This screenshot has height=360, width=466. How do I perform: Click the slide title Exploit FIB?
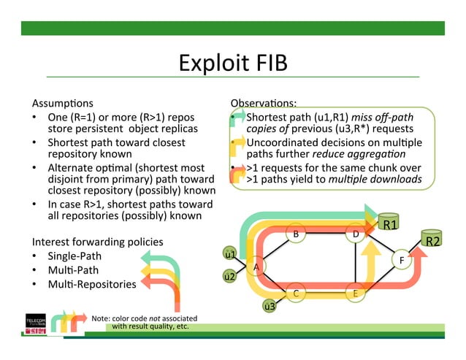coord(233,64)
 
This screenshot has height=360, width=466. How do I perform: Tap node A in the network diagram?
coord(256,267)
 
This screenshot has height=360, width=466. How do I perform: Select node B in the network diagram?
coord(296,234)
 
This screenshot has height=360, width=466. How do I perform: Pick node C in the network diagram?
coord(296,294)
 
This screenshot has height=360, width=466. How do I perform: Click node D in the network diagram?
coord(355,234)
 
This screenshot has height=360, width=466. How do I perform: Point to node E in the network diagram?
coord(355,294)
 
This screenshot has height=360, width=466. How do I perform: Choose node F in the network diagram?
coord(401,259)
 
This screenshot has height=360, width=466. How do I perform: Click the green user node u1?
coord(229,255)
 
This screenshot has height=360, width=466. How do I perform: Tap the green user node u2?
coord(229,277)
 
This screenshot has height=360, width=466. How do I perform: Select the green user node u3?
coord(270,306)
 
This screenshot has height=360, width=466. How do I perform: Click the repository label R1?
coord(391,224)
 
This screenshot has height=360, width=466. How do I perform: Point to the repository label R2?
coord(432,240)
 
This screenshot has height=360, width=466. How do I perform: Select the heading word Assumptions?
coord(63,103)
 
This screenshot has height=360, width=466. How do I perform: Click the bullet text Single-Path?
coord(75,256)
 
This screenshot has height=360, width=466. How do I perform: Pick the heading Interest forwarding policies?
coord(98,242)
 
